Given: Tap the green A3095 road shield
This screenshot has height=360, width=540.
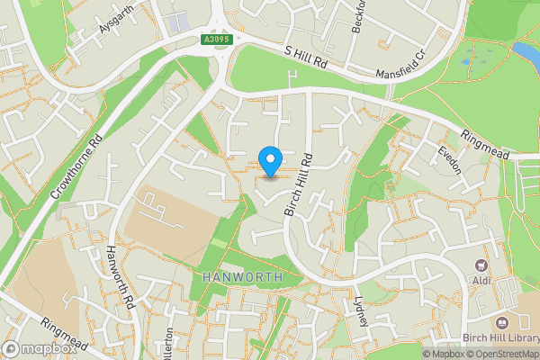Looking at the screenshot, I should (212, 40).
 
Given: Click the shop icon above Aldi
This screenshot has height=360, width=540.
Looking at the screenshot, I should (480, 266).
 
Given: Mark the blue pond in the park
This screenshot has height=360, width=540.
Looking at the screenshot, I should (526, 48).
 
